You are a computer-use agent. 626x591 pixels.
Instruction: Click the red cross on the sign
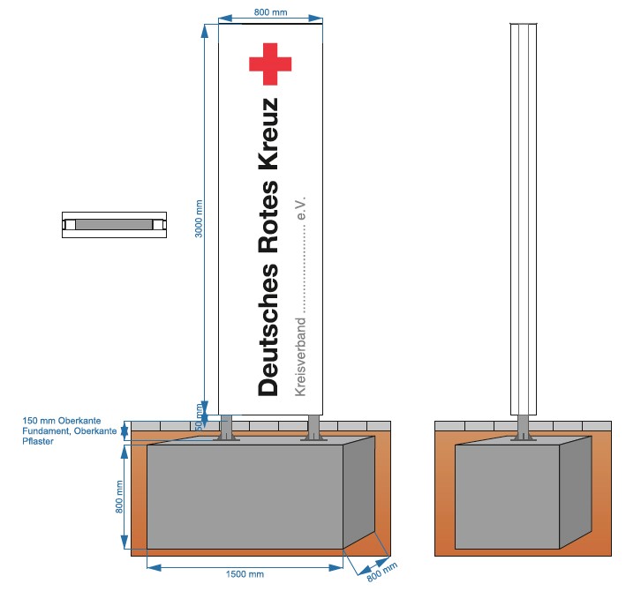(269, 63)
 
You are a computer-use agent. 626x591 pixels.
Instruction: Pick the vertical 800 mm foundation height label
(120, 497)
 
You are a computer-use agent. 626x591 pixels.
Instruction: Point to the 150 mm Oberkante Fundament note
(71, 430)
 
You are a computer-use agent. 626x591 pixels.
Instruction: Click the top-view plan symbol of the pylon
(114, 224)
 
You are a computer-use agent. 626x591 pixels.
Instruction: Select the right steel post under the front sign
(312, 428)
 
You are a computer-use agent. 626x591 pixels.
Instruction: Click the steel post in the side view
(524, 428)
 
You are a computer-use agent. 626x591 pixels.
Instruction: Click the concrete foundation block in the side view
(509, 498)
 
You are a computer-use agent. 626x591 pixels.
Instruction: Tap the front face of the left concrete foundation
(245, 498)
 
